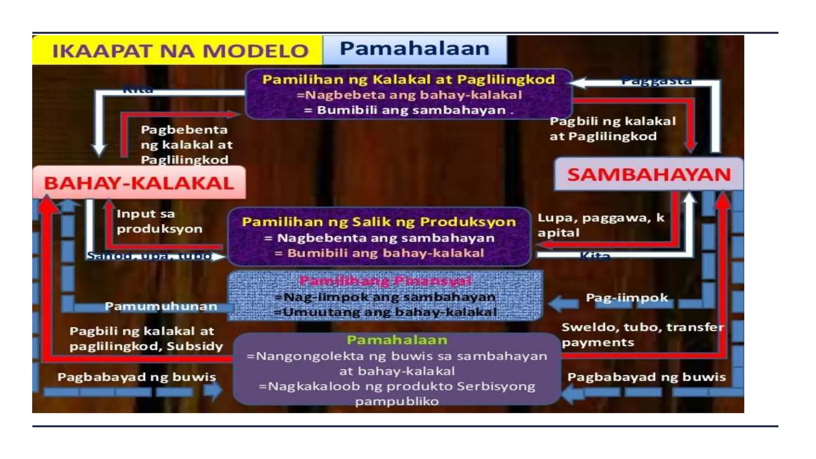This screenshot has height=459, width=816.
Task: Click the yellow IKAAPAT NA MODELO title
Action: click(x=180, y=51)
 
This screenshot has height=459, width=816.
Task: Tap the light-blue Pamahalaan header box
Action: click(x=414, y=49)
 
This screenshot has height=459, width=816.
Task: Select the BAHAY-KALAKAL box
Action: click(x=139, y=183)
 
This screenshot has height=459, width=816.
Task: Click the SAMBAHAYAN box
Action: click(x=649, y=175)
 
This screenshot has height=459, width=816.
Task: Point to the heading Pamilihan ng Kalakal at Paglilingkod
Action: click(x=408, y=79)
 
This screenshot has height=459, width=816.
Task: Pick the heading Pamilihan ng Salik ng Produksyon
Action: click(x=379, y=222)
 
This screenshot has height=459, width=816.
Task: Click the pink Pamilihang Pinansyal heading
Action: click(x=385, y=281)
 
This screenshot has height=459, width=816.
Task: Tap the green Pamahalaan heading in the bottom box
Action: click(x=397, y=340)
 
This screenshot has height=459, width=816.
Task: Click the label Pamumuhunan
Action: click(x=161, y=306)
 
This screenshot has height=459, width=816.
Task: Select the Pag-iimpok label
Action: click(x=627, y=298)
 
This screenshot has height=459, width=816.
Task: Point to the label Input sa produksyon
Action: click(x=159, y=221)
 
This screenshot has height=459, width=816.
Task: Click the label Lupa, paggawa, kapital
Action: click(x=601, y=225)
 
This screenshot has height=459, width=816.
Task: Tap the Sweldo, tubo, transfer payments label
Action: click(x=642, y=335)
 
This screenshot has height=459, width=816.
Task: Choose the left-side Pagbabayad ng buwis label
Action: click(x=137, y=377)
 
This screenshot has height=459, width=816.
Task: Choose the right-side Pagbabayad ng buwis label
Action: click(x=646, y=377)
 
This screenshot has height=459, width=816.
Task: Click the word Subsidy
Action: click(x=195, y=346)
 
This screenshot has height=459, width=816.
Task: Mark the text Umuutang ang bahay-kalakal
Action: click(x=386, y=312)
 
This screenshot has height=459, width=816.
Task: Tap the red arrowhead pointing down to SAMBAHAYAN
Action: click(x=690, y=147)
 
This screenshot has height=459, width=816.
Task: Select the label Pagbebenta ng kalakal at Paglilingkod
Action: click(x=186, y=145)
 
